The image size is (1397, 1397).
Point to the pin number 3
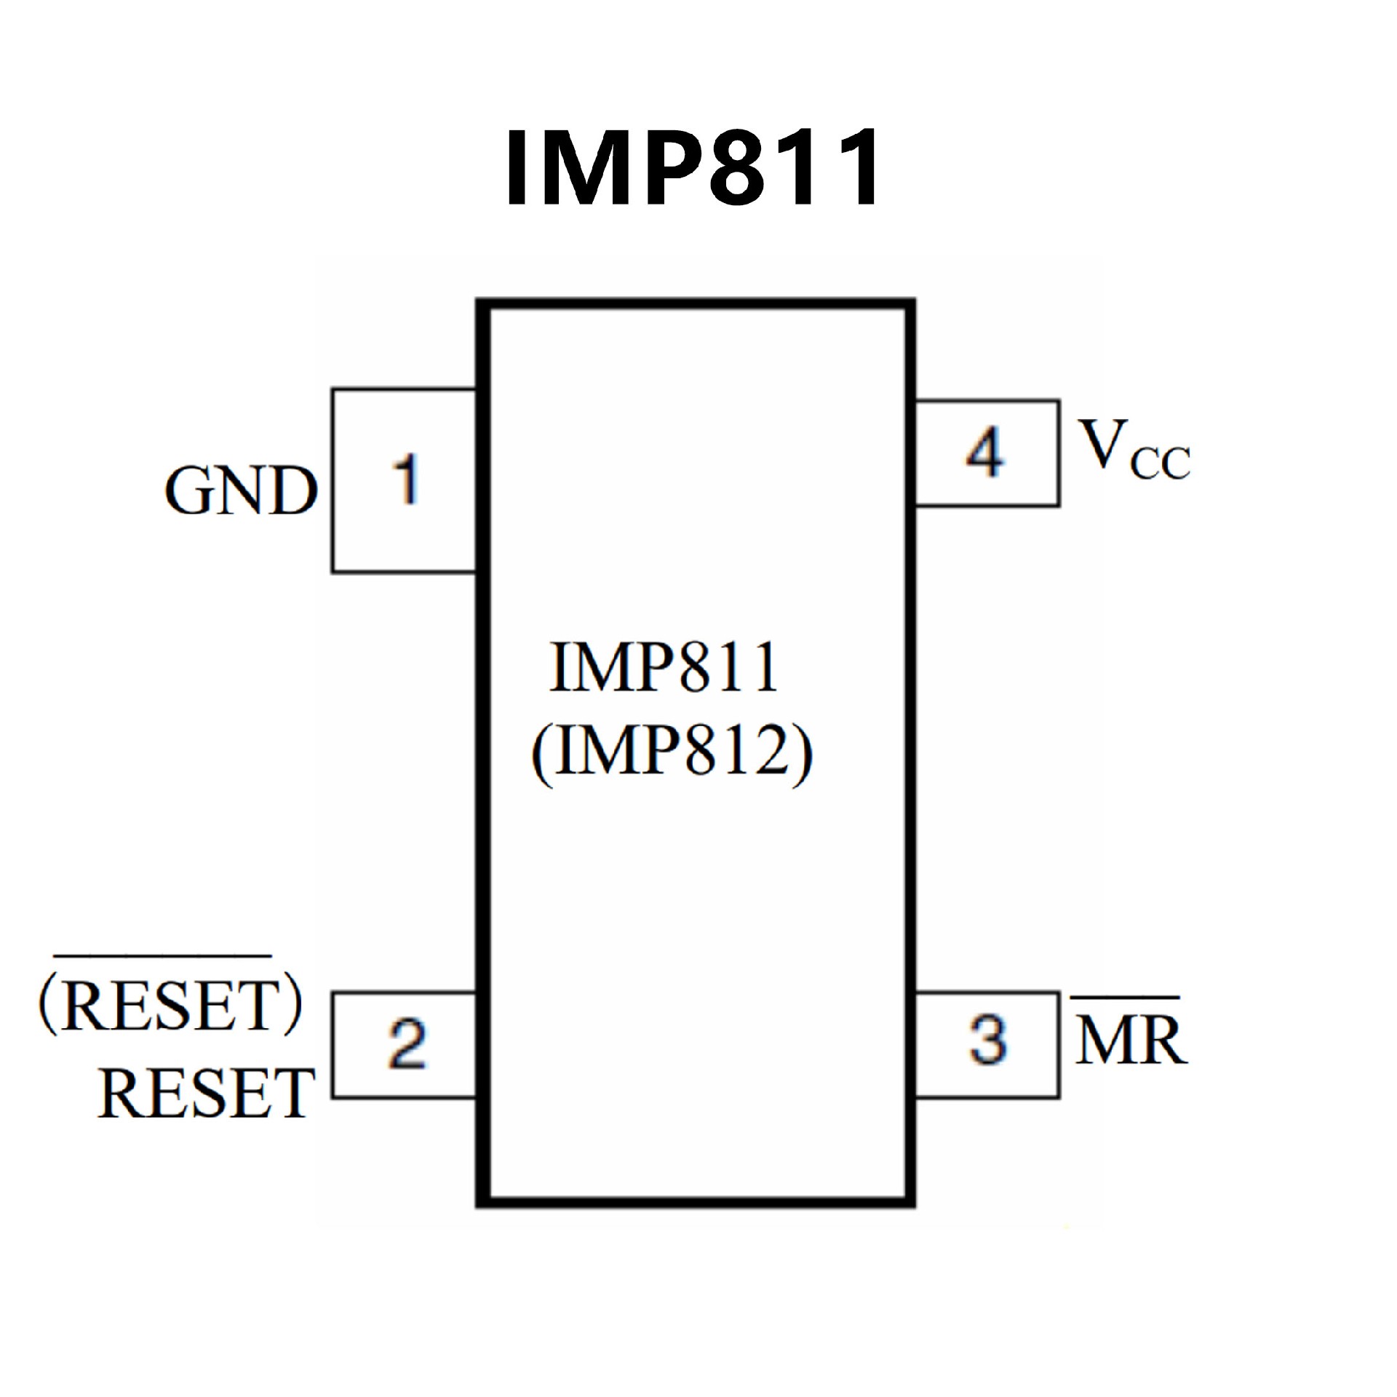(x=988, y=1039)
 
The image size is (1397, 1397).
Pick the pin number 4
(x=985, y=452)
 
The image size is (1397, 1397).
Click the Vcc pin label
(x=1134, y=450)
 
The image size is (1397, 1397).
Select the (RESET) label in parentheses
(x=170, y=1006)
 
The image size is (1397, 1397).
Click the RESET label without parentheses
(x=207, y=1093)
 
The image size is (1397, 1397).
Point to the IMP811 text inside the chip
(x=664, y=667)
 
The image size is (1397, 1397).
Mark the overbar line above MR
(x=1124, y=997)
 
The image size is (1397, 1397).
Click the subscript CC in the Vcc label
(x=1161, y=463)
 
